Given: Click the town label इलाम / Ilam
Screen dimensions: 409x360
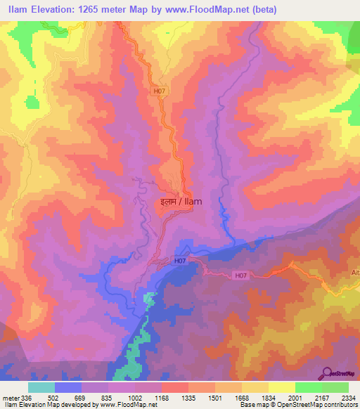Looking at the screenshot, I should tap(181, 201).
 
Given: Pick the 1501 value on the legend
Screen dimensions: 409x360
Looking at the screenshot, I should tap(215, 398).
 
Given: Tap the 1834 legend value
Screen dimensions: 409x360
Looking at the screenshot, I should tap(269, 398).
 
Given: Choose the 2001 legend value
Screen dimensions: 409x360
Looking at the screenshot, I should tap(295, 398).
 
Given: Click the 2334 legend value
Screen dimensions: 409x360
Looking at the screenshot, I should tap(347, 398).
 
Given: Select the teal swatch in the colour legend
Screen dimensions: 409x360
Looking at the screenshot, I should tap(41, 387).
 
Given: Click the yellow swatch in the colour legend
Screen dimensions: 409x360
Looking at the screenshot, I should tap(281, 387).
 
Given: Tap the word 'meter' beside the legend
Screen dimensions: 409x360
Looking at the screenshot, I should tap(10, 398).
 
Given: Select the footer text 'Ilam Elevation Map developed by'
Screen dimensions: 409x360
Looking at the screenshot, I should tap(46, 405).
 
